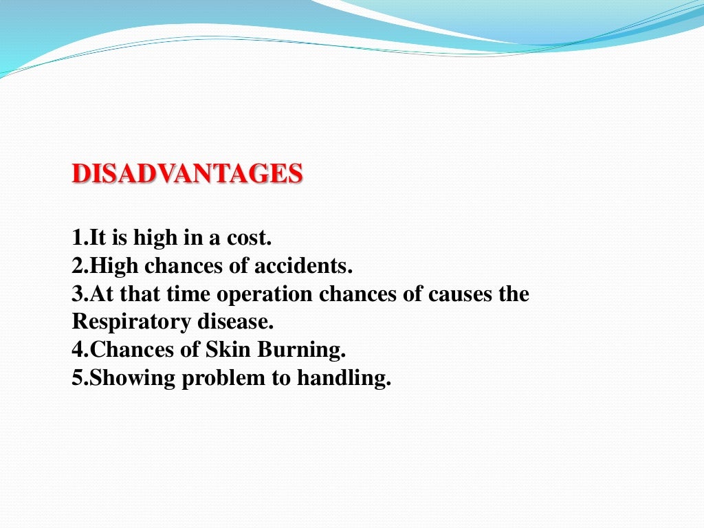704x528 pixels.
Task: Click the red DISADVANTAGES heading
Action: [187, 174]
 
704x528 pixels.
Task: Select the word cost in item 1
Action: [252, 239]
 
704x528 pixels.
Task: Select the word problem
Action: [225, 378]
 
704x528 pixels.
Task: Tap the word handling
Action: [344, 378]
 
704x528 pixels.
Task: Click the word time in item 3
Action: [187, 294]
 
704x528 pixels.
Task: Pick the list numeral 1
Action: [76, 239]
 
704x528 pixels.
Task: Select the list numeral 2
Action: [76, 266]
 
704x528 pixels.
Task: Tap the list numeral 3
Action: [76, 294]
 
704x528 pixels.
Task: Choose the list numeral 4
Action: [76, 350]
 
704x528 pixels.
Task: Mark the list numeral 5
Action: [76, 378]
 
